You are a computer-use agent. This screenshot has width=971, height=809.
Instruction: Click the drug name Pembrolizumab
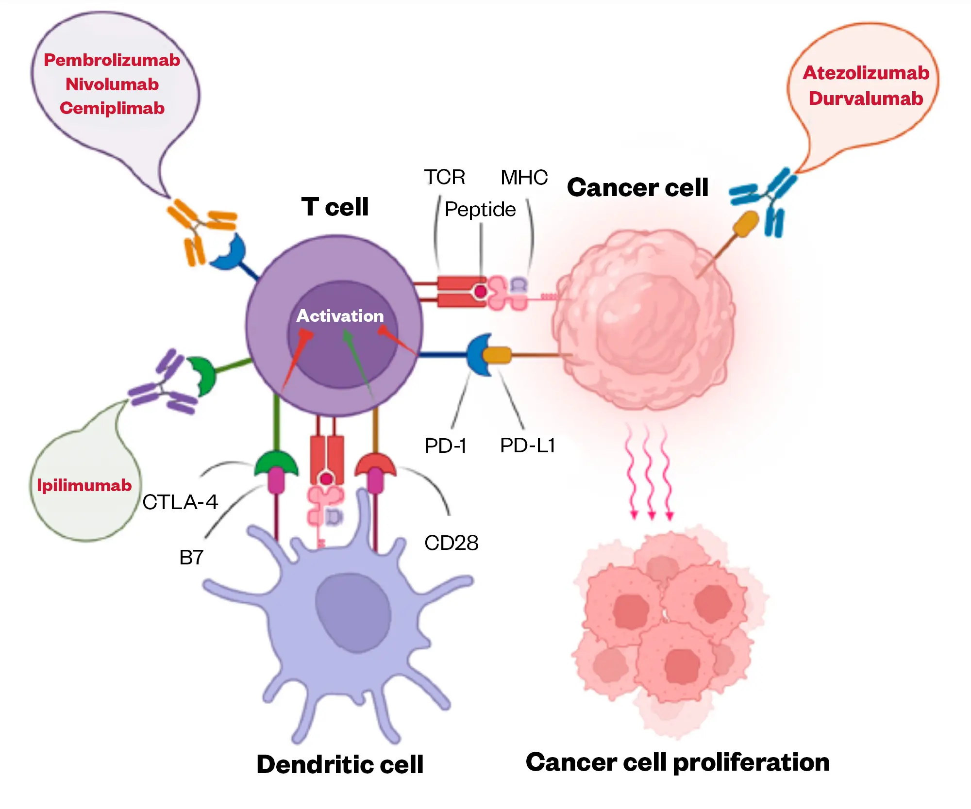[x=112, y=60]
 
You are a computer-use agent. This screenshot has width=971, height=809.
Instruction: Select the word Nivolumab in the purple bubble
[x=112, y=84]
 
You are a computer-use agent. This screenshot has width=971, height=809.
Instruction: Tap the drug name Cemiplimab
[x=112, y=108]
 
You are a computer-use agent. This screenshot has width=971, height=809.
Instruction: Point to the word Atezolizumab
[x=866, y=73]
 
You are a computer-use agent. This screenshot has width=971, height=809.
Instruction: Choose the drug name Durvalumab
[x=866, y=99]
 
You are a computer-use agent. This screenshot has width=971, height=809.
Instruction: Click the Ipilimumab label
[x=84, y=485]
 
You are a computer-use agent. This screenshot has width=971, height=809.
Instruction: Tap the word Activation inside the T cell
[x=340, y=316]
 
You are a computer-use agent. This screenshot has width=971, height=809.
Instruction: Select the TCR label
[x=444, y=177]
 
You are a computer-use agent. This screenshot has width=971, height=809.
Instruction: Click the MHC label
[x=524, y=178]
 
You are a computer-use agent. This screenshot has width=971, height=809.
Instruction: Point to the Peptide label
[x=480, y=210]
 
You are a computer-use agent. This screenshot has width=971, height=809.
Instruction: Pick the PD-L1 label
[x=527, y=446]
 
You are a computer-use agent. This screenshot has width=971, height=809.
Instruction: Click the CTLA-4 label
[x=180, y=502]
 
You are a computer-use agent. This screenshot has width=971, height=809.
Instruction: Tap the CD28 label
[x=451, y=543]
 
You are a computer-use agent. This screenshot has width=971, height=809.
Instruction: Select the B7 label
[x=191, y=558]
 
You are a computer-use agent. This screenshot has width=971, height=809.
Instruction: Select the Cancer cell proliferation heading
[x=677, y=762]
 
